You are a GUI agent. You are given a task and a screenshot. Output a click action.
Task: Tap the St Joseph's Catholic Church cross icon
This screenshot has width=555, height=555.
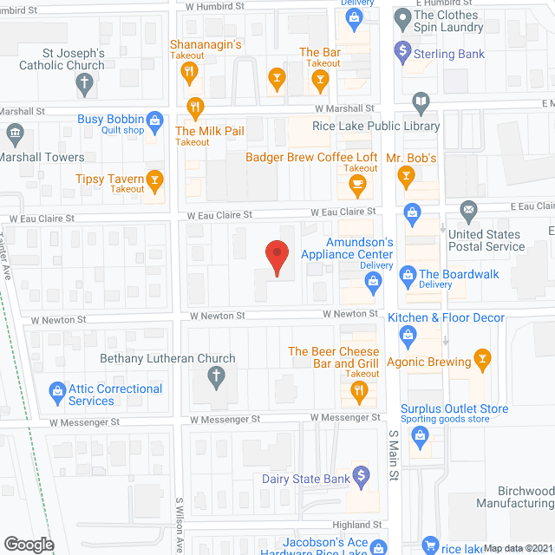84,84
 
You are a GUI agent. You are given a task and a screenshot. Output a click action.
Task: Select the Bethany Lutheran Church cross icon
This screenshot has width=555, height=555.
217,376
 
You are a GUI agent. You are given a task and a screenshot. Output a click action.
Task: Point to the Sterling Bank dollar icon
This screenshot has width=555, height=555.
402,50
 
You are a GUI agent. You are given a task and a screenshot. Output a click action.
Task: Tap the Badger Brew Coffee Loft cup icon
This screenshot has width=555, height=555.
356,184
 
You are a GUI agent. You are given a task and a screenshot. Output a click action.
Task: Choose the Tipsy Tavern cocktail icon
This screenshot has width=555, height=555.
155,180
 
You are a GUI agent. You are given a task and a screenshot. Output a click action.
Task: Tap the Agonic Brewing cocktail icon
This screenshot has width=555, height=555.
483,360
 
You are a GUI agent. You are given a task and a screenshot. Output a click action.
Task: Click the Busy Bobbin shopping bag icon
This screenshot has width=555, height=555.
155,119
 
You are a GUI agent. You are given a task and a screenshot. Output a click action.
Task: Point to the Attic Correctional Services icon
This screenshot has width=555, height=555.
58,392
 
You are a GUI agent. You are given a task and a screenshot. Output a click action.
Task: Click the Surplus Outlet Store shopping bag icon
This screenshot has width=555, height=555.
421,435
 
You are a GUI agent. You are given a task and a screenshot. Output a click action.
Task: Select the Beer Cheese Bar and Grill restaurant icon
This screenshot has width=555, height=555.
359,393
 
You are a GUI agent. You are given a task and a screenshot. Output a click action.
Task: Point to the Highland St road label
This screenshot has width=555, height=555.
357,525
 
